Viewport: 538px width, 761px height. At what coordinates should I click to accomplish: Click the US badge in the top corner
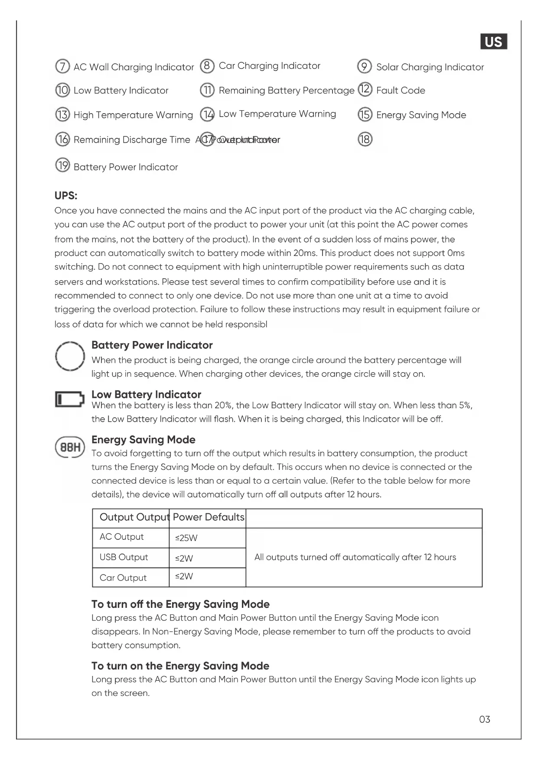click(493, 42)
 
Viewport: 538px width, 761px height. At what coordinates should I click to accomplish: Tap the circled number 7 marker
click(62, 66)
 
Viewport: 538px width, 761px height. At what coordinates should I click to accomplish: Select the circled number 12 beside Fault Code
click(365, 89)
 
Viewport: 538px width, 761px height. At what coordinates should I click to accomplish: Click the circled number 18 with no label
click(365, 139)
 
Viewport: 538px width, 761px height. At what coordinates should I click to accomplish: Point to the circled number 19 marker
click(62, 166)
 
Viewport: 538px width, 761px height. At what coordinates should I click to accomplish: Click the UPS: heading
click(66, 196)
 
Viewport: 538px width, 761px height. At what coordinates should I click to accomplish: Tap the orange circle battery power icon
click(69, 356)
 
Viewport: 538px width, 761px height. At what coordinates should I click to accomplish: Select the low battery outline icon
click(69, 399)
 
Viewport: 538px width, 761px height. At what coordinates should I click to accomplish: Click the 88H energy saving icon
click(69, 447)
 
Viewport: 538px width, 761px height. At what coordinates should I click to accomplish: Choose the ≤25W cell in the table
click(186, 538)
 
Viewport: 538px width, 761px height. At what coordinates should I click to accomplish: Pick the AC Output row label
click(122, 537)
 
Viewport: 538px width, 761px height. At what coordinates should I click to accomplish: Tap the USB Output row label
click(124, 558)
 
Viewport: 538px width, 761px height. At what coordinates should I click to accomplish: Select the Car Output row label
click(123, 578)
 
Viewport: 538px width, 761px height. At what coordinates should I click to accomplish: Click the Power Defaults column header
click(209, 517)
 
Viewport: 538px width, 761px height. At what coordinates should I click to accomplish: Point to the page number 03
click(485, 719)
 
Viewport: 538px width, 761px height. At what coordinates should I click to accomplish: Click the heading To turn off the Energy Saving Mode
click(180, 604)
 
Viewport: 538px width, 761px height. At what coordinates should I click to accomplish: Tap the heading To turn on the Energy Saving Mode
click(180, 666)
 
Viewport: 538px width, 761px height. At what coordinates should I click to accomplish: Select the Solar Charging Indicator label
click(430, 67)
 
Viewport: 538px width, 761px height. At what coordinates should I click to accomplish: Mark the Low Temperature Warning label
click(277, 114)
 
